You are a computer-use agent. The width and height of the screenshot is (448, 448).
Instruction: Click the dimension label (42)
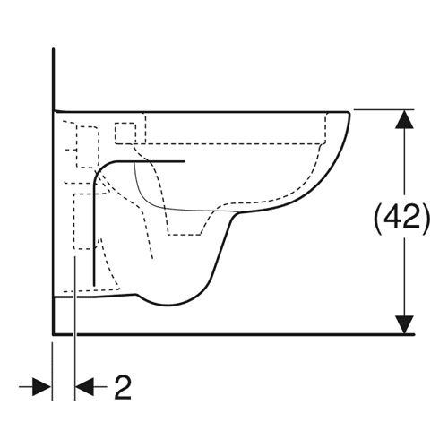click(402, 220)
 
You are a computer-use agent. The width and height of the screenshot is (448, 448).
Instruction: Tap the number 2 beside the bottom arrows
click(123, 388)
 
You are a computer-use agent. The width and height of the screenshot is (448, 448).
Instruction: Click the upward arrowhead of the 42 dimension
click(404, 119)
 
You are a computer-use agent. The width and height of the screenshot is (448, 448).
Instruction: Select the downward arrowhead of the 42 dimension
click(404, 324)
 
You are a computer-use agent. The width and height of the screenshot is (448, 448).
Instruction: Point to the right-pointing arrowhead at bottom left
click(41, 387)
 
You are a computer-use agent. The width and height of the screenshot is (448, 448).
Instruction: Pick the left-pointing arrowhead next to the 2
click(84, 387)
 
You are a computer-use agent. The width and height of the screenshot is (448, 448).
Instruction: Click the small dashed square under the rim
click(125, 132)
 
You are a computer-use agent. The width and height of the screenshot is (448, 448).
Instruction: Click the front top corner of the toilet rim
click(349, 112)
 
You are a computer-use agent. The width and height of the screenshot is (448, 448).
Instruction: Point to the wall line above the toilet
click(53, 79)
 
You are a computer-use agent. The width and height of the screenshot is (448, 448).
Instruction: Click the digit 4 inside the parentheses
click(393, 218)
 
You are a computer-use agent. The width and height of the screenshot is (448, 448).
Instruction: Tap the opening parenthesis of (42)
click(377, 220)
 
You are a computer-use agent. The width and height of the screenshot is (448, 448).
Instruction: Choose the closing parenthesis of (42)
click(426, 220)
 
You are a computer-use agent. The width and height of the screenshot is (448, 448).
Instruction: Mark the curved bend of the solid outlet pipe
click(100, 169)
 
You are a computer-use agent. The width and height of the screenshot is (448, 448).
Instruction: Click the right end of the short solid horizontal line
click(185, 161)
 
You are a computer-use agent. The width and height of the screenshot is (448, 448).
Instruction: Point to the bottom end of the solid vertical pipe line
click(94, 285)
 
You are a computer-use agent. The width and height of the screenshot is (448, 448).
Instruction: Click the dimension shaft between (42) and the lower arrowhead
click(404, 276)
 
